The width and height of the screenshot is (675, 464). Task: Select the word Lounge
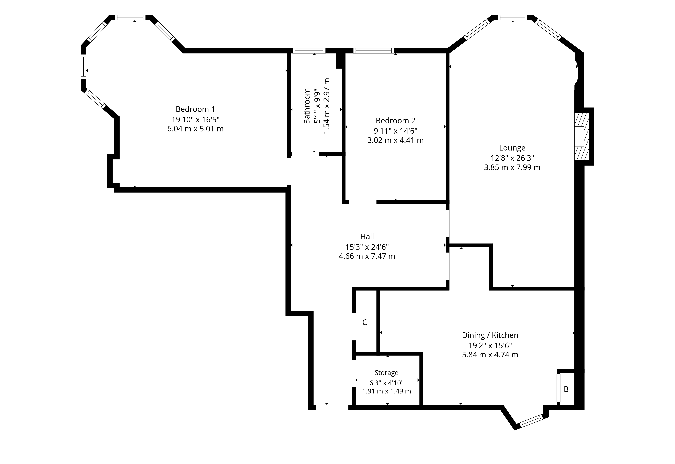pyautogui.click(x=512, y=148)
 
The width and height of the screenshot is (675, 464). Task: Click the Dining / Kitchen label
pyautogui.click(x=490, y=335)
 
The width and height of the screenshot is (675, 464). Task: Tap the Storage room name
pyautogui.click(x=386, y=373)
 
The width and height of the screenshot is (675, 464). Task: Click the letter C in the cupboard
pyautogui.click(x=364, y=322)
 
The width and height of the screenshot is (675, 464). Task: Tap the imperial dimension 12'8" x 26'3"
pyautogui.click(x=512, y=158)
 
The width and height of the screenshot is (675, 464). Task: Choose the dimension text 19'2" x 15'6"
pyautogui.click(x=490, y=345)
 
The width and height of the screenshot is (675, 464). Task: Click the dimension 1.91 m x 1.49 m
pyautogui.click(x=386, y=391)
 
